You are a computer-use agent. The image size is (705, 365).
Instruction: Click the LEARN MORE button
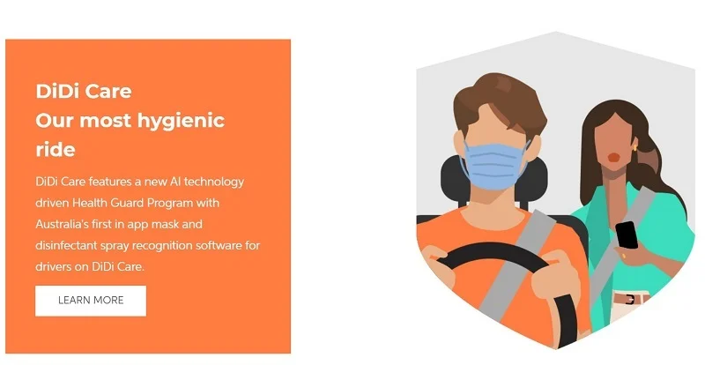(91, 301)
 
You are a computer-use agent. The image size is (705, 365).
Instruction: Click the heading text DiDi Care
(84, 92)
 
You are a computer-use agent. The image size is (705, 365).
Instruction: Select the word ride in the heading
(56, 150)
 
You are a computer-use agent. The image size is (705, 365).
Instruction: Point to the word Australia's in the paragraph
(62, 224)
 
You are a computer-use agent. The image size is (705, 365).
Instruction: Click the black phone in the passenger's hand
(627, 235)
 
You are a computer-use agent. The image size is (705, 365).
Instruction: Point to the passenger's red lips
(613, 158)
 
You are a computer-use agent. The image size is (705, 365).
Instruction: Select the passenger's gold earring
(635, 147)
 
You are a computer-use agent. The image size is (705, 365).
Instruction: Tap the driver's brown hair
(500, 101)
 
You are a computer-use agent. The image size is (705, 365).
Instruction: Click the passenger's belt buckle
(629, 299)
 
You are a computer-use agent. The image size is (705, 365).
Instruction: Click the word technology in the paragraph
(214, 182)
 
